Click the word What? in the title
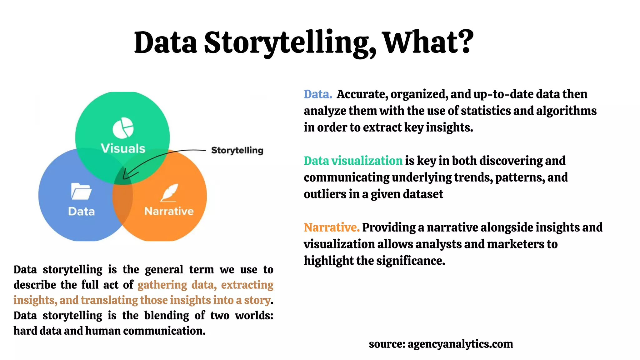(428, 42)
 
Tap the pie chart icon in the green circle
(123, 128)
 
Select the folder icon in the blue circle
(81, 191)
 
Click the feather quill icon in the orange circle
(169, 192)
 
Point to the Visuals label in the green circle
(123, 148)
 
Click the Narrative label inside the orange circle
(169, 211)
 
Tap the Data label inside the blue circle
(81, 212)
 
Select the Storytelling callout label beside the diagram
(237, 150)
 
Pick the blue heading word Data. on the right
(317, 94)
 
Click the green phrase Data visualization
(353, 161)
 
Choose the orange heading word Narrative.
(331, 227)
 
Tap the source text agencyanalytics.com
(460, 344)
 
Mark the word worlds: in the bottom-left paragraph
(254, 315)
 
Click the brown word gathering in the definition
(162, 285)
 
